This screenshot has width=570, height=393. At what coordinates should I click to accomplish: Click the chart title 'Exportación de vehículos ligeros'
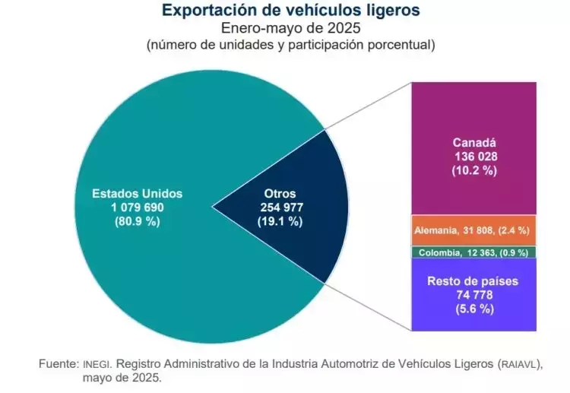(290, 11)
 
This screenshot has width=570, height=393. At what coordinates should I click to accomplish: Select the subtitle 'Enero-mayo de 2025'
(290, 28)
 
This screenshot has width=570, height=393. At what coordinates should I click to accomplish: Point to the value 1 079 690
(138, 207)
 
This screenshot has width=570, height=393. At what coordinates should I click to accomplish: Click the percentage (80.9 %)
(138, 221)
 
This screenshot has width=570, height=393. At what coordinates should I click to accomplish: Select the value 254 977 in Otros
(280, 207)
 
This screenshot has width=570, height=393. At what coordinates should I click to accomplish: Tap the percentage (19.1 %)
(280, 221)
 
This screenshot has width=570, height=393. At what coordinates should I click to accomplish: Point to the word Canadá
(474, 142)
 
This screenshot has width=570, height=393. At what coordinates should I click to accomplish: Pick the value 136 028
(474, 156)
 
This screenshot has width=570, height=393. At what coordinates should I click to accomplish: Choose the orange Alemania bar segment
(474, 230)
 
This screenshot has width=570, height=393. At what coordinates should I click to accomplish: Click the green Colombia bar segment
(474, 252)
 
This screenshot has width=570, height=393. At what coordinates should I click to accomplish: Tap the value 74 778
(474, 295)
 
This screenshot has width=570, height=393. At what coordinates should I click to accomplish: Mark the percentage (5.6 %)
(474, 309)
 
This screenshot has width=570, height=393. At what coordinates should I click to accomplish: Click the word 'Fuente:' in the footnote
(59, 363)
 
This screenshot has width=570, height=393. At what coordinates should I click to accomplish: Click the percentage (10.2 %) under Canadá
(474, 170)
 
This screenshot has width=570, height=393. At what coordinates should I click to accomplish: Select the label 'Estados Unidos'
(138, 193)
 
